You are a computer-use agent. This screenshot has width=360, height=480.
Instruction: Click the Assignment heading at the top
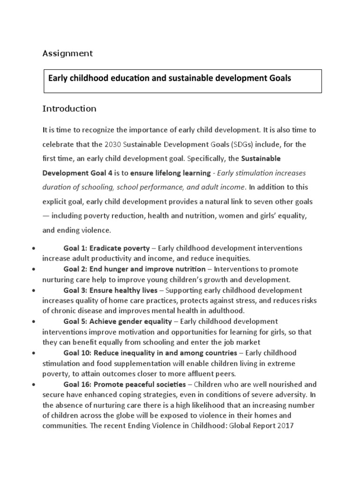click(67, 53)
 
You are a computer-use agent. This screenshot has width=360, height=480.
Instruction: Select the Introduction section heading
click(69, 109)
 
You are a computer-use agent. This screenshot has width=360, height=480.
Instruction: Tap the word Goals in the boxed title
click(279, 78)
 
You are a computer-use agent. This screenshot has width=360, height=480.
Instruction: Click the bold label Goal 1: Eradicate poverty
click(106, 248)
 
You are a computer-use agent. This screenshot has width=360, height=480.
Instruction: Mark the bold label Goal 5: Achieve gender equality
click(118, 321)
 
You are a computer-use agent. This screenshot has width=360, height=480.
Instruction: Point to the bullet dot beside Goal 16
click(34, 384)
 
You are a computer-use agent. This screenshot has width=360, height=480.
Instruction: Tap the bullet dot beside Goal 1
click(34, 248)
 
